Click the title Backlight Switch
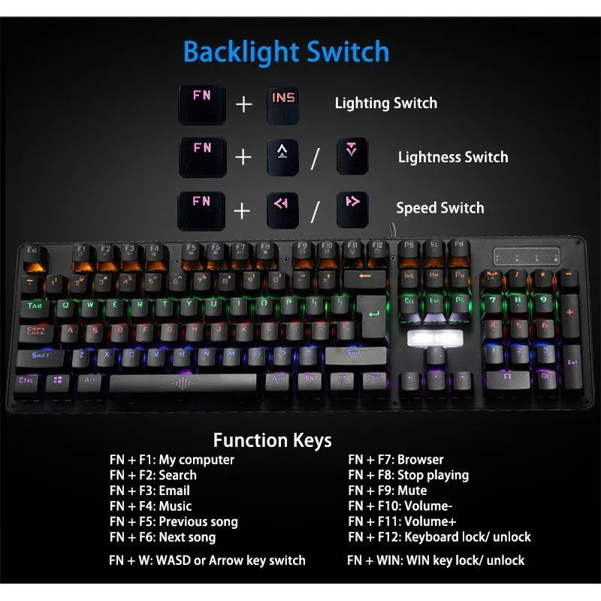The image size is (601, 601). coord(286,53)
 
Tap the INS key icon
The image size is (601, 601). coord(284,104)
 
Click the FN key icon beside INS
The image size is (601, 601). coord(201,104)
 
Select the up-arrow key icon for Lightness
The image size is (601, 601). coord(283,156)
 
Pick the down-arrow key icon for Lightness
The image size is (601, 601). coord(352,156)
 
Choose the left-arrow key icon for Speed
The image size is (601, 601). coord(283,208)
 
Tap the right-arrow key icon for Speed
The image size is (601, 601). coord(352,208)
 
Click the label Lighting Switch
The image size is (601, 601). coord(385,104)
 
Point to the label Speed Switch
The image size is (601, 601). coord(440,208)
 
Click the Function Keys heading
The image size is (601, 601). coord(272,440)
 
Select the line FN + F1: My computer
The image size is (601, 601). coord(172,460)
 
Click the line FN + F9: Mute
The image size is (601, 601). coord(387,491)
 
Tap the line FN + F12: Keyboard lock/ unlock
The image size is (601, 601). coord(439,537)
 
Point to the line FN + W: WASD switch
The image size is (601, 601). coord(207,560)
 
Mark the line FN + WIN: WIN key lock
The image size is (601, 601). coord(436,560)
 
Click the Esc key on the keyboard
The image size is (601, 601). coord(32,253)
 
